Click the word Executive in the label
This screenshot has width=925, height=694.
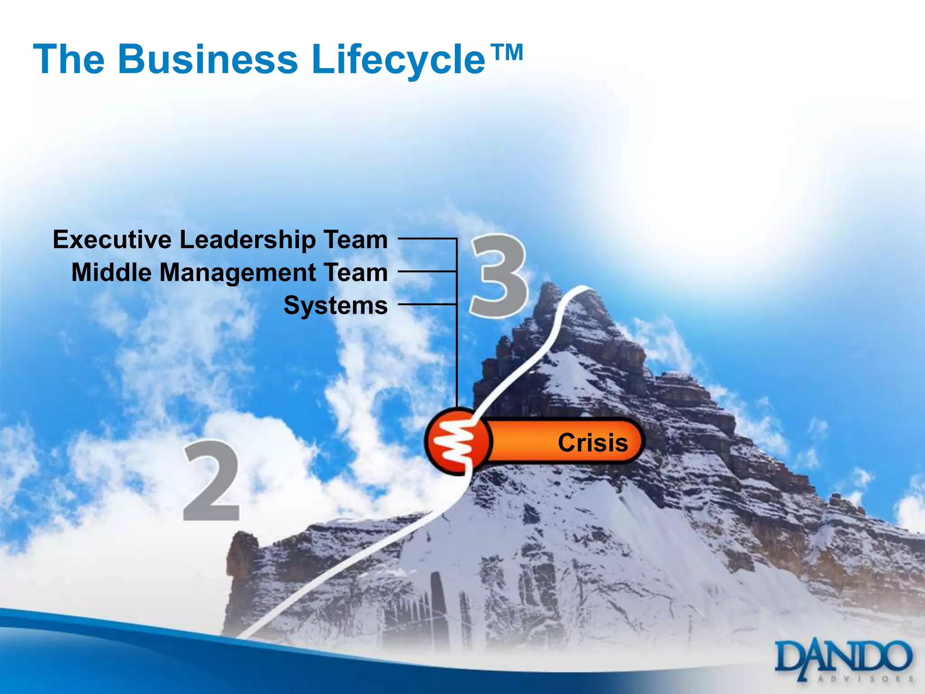[112, 239]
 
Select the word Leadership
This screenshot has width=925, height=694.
[248, 239]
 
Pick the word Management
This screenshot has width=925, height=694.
[238, 273]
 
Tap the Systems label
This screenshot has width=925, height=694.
[335, 305]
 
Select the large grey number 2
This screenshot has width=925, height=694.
[211, 481]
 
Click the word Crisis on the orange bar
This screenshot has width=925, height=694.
[593, 442]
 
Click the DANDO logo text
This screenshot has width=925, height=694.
[843, 656]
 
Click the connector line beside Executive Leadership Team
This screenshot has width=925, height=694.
[427, 238]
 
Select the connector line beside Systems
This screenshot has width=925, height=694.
[427, 304]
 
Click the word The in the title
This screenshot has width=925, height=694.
[69, 60]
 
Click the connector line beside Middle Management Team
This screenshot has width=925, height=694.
[427, 271]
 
